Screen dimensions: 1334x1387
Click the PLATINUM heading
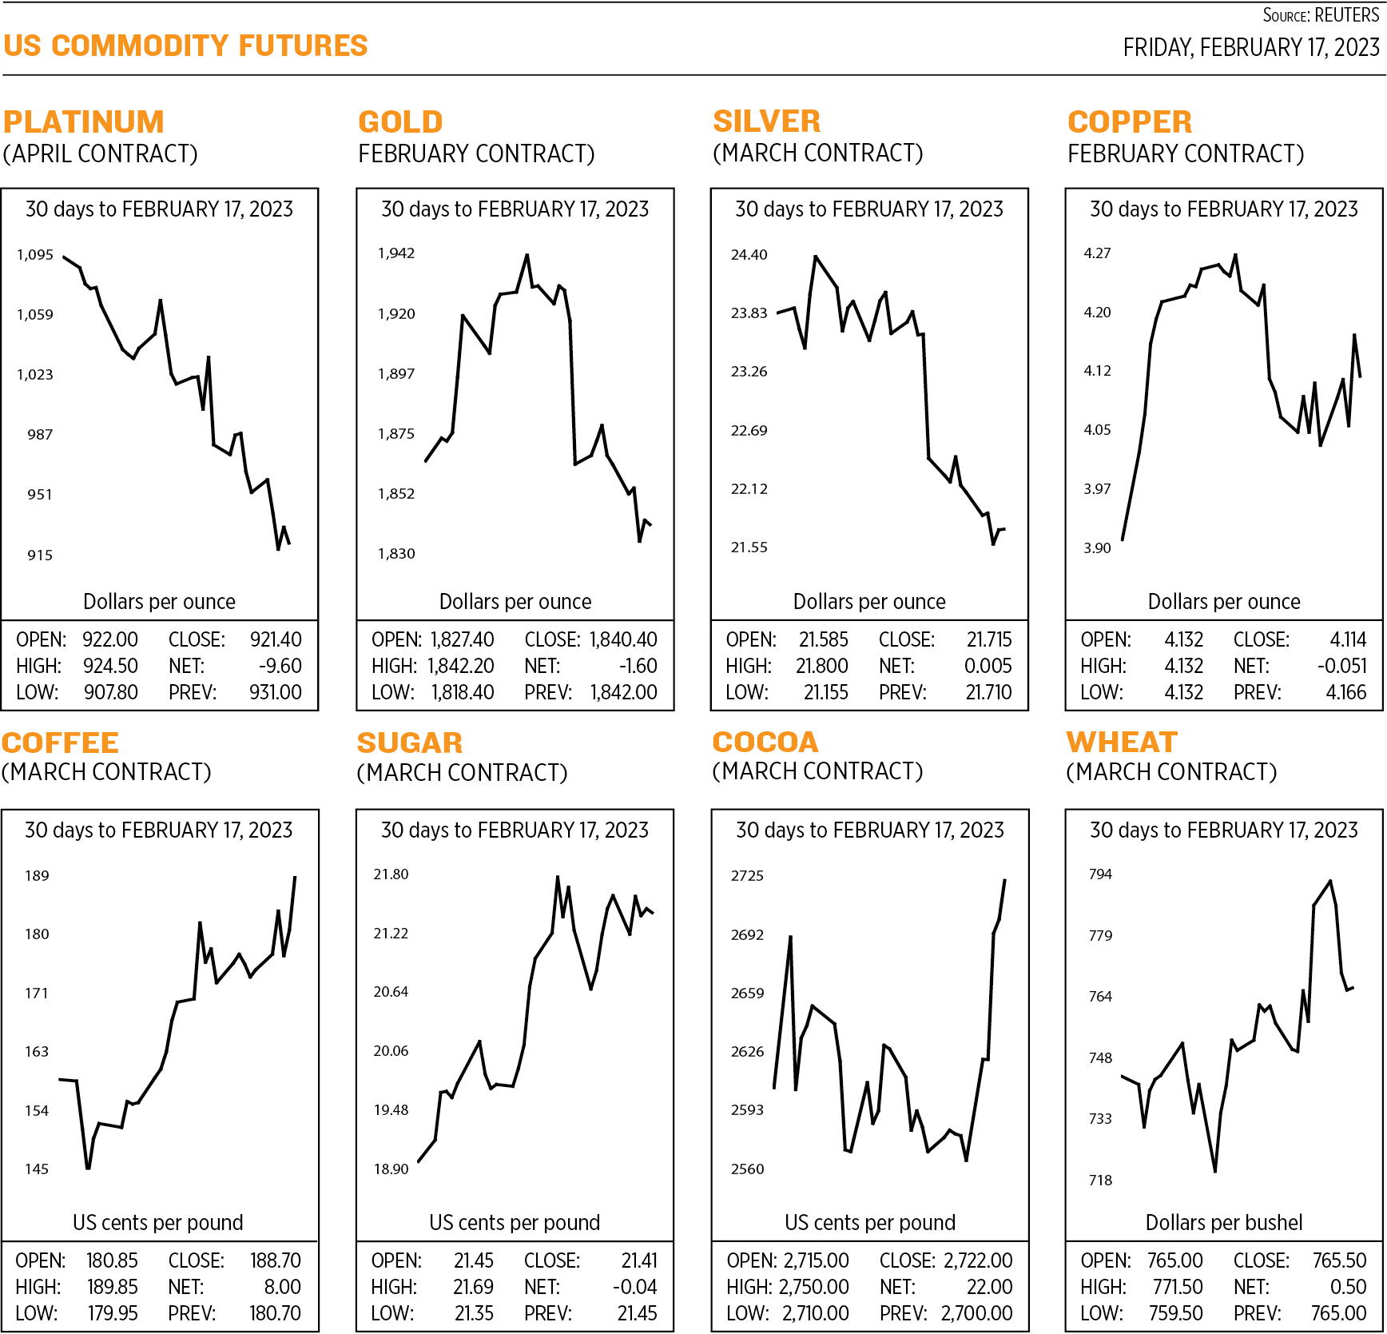tap(84, 122)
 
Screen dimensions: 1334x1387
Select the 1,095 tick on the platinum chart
tap(35, 255)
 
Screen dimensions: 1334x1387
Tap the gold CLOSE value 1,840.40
tap(623, 639)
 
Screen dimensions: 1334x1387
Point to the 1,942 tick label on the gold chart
tap(396, 253)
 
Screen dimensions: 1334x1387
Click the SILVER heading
tap(766, 121)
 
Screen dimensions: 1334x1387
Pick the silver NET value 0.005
tap(988, 666)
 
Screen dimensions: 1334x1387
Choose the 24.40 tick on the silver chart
tap(749, 255)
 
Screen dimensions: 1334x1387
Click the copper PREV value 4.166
tap(1345, 692)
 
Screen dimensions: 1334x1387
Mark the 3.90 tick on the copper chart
tap(1097, 548)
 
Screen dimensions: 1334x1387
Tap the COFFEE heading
tap(60, 743)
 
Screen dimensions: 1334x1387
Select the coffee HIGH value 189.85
tap(113, 1287)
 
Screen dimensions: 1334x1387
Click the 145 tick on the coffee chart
tap(37, 1169)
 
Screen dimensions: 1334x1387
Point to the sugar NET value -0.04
tap(634, 1287)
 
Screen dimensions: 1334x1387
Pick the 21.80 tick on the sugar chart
tap(391, 874)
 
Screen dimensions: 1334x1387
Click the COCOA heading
tap(765, 743)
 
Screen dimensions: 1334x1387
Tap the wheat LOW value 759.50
tap(1175, 1313)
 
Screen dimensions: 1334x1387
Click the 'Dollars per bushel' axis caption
tap(1223, 1222)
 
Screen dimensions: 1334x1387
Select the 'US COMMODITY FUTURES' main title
tap(185, 46)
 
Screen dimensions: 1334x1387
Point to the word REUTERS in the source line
tap(1346, 15)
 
